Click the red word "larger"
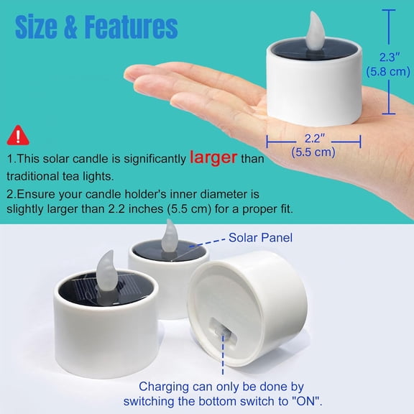click(213, 157)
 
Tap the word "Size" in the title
click(41, 27)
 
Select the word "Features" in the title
click(131, 27)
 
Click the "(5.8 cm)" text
click(387, 71)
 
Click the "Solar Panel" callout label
click(260, 237)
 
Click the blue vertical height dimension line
click(389, 61)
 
